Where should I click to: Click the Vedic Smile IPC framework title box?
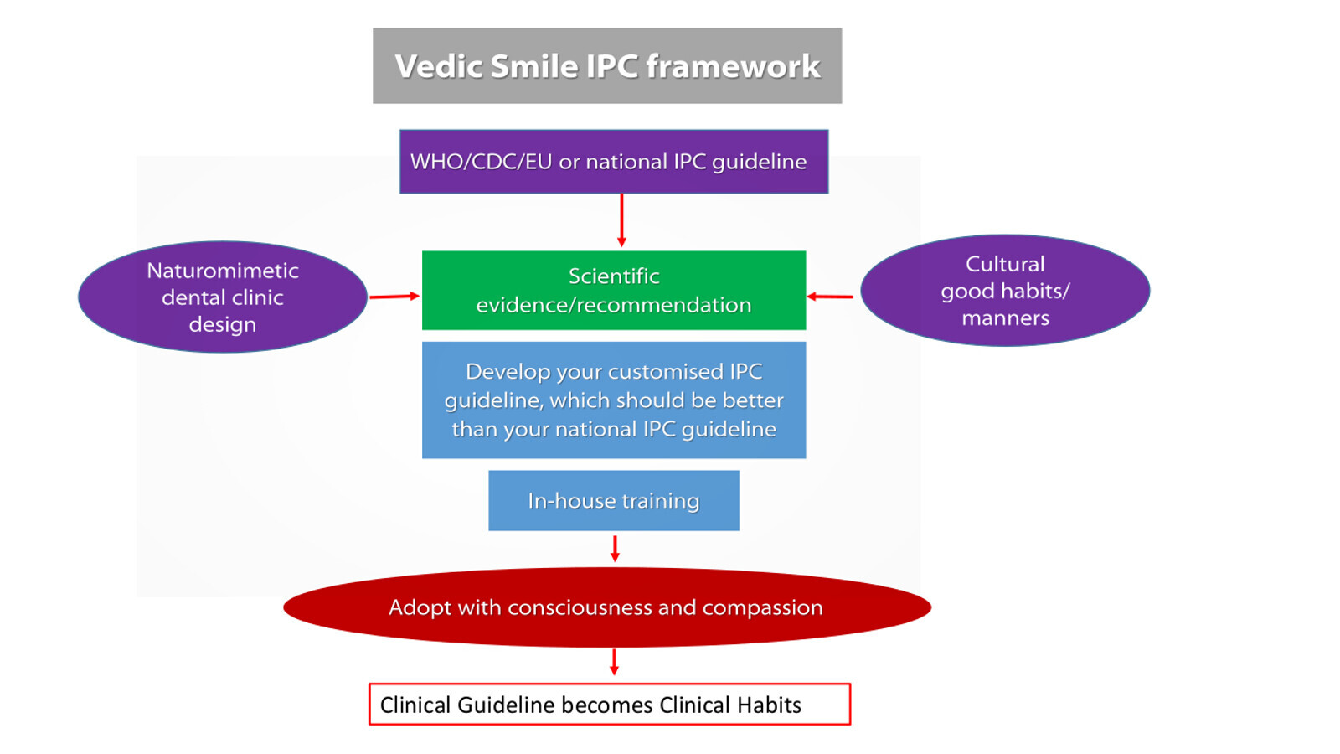coord(607,65)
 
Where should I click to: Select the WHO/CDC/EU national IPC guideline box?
coord(614,162)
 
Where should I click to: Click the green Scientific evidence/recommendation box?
coord(614,290)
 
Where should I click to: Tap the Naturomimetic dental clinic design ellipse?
coord(223,297)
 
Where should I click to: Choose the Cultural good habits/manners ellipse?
coord(1005,290)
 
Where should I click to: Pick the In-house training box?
coord(614,500)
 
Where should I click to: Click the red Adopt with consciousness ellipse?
coord(607,607)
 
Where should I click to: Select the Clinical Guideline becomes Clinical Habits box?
coord(610,705)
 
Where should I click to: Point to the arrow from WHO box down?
coord(621,220)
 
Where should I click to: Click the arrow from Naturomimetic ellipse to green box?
coord(394,296)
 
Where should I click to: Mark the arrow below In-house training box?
coord(615,549)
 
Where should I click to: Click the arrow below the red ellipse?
coord(614,662)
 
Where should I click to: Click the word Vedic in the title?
coord(439,66)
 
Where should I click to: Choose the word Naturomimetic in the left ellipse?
coord(223,271)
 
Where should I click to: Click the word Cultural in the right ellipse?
coord(1005,264)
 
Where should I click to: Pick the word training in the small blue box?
coord(660,501)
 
